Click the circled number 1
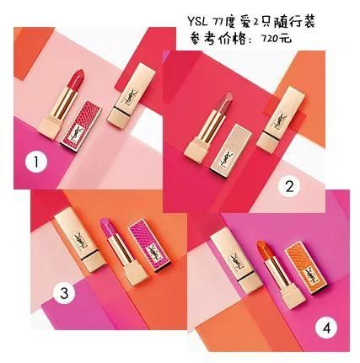point(35,162)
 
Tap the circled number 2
point(289,187)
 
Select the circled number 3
point(64,293)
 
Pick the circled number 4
point(326,328)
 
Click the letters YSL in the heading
point(198,21)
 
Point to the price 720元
point(276,38)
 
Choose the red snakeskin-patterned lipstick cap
point(81,127)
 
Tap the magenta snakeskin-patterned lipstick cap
point(149,246)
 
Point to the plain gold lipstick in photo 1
point(132,93)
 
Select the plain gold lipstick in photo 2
point(281,120)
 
